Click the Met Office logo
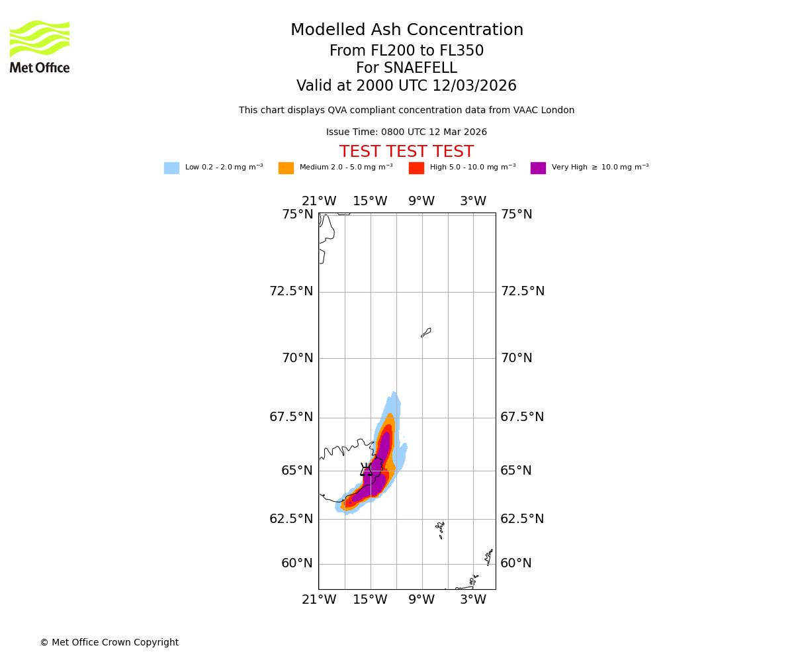pos(40,46)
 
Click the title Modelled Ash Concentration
pos(406,30)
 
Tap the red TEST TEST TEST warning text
pos(406,152)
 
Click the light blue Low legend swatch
pos(171,168)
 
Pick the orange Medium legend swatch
pos(286,168)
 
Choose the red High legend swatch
pos(416,168)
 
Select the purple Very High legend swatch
pos(538,168)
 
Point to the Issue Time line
pos(406,132)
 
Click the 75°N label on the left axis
pos(298,214)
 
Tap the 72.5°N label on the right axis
pos(522,291)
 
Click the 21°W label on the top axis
pos(319,201)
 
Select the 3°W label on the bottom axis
pos(473,600)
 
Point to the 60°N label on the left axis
pos(297,563)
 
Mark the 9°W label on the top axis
pos(421,201)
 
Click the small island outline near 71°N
pos(426,332)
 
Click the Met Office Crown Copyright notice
pos(109,643)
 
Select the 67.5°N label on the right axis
pos(522,417)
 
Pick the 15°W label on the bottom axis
pos(370,600)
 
